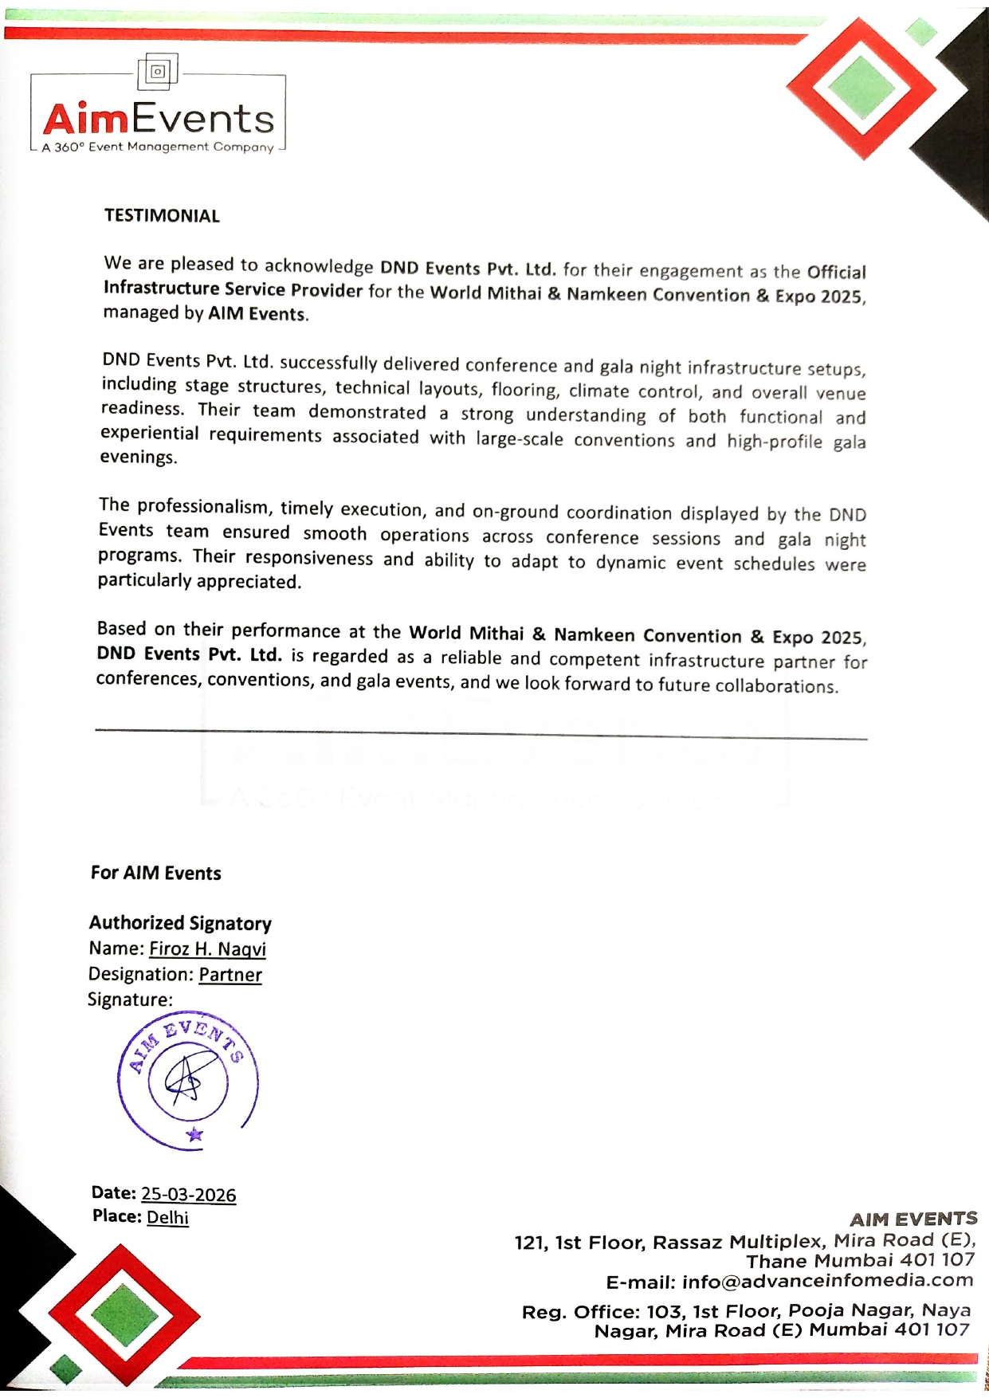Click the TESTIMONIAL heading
click(162, 216)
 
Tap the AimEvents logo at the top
click(158, 118)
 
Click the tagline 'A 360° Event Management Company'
click(158, 147)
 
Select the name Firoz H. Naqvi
click(207, 948)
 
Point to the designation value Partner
click(230, 974)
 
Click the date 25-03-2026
click(188, 1194)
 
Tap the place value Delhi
click(167, 1217)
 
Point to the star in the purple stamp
click(194, 1134)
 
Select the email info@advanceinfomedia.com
click(827, 1281)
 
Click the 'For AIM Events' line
click(155, 873)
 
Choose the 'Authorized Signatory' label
click(180, 923)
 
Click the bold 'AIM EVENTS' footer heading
click(913, 1219)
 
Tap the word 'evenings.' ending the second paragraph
click(138, 457)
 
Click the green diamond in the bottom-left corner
click(124, 1315)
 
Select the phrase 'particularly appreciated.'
click(199, 581)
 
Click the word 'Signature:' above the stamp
click(130, 999)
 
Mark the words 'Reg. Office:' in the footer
click(574, 1311)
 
